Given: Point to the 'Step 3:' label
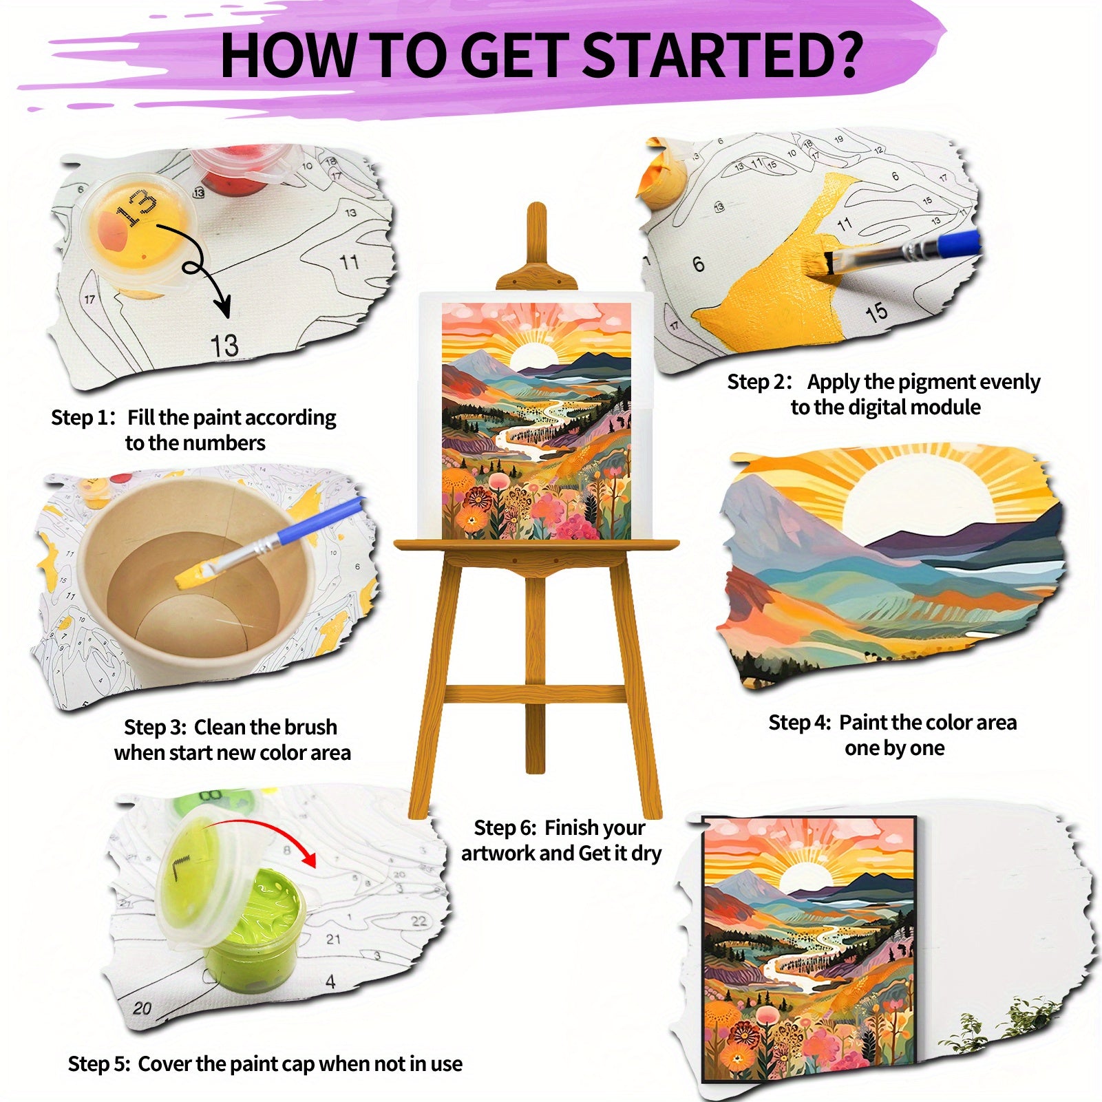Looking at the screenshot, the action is click(156, 728).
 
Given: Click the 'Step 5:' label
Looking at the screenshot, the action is click(99, 1064).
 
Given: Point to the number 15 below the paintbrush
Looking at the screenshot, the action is click(876, 313).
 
